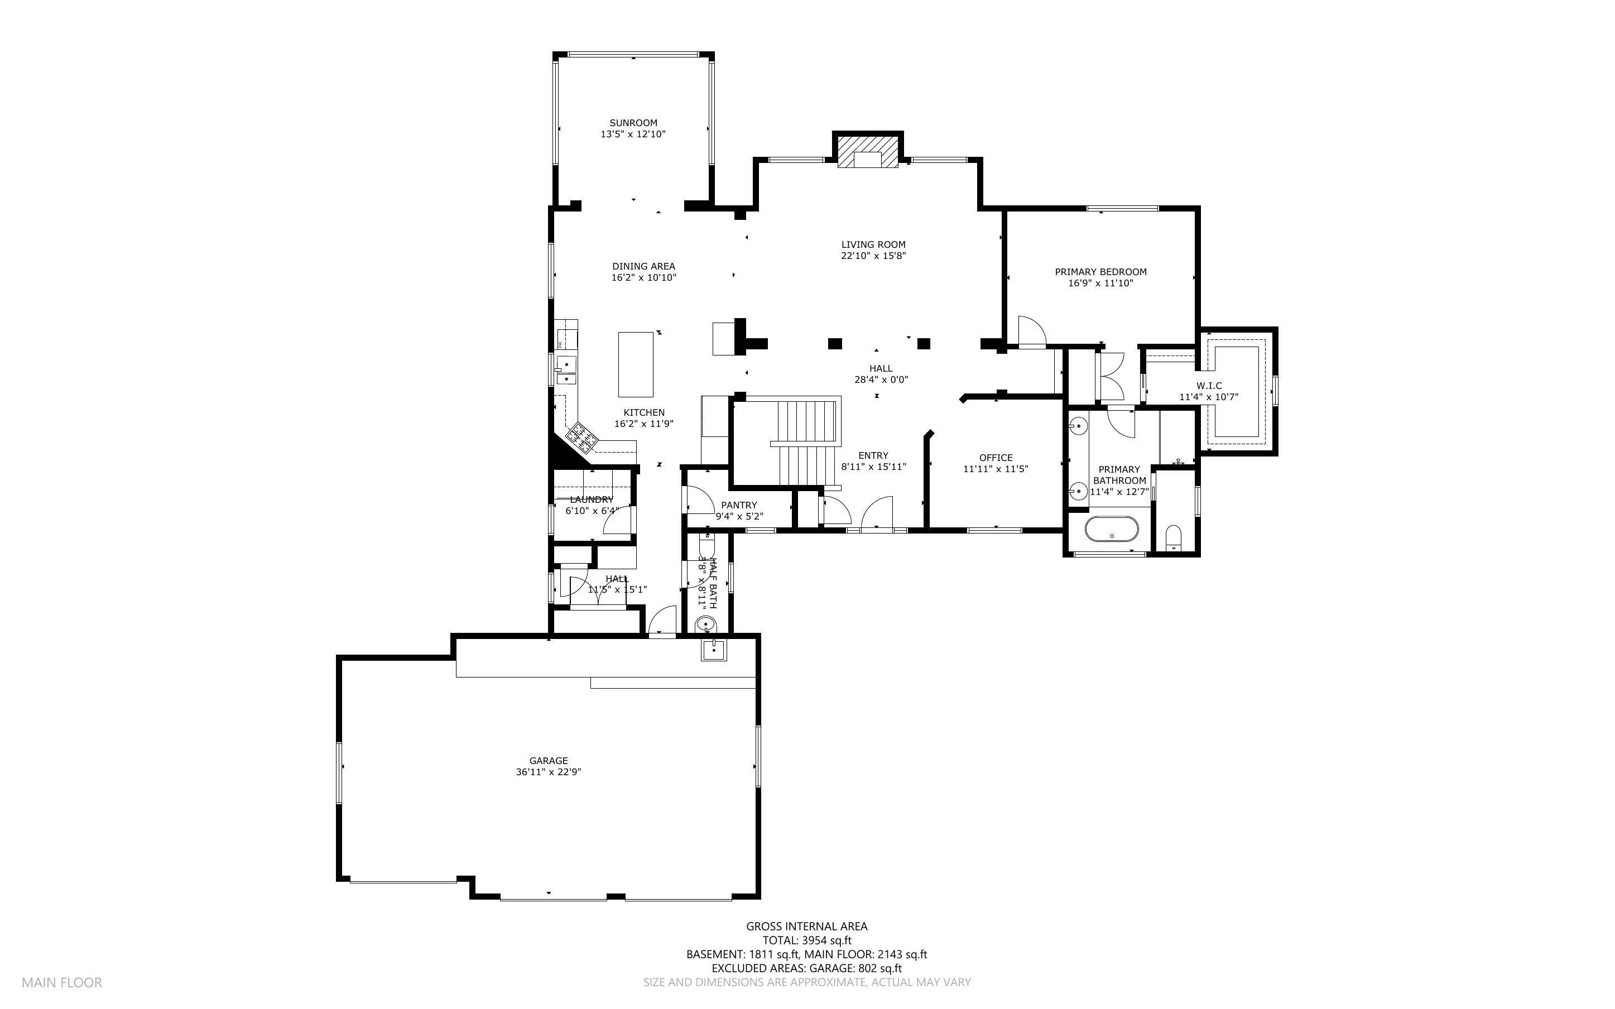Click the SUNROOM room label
[x=633, y=123]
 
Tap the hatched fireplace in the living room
[x=868, y=153]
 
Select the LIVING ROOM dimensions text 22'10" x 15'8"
[x=873, y=256]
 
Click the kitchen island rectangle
[x=636, y=364]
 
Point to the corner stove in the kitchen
[x=581, y=437]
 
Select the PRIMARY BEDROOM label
[x=1100, y=272]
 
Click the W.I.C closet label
[x=1209, y=386]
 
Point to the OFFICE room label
[x=995, y=458]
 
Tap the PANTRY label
[x=739, y=505]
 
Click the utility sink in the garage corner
[x=714, y=648]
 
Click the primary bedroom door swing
[x=1031, y=331]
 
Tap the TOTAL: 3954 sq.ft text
[x=806, y=940]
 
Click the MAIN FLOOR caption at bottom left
[x=62, y=982]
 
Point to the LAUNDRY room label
[x=591, y=500]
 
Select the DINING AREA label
[x=644, y=266]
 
